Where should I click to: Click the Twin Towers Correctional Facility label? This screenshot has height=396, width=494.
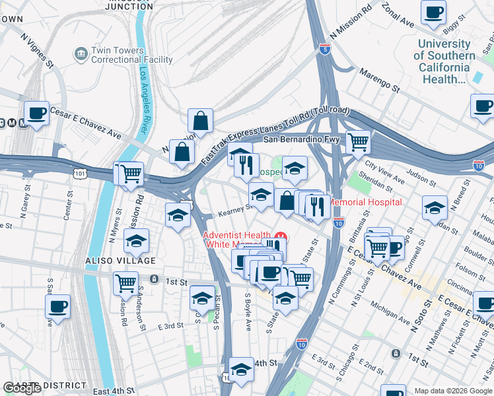pos(132,55)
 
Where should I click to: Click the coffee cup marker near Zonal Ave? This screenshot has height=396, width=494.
pos(433,13)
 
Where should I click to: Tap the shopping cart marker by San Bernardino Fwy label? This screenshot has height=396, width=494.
pos(357,141)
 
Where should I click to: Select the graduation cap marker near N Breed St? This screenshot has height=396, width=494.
pos(435,209)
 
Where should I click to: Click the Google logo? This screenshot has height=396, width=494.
pos(22,388)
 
